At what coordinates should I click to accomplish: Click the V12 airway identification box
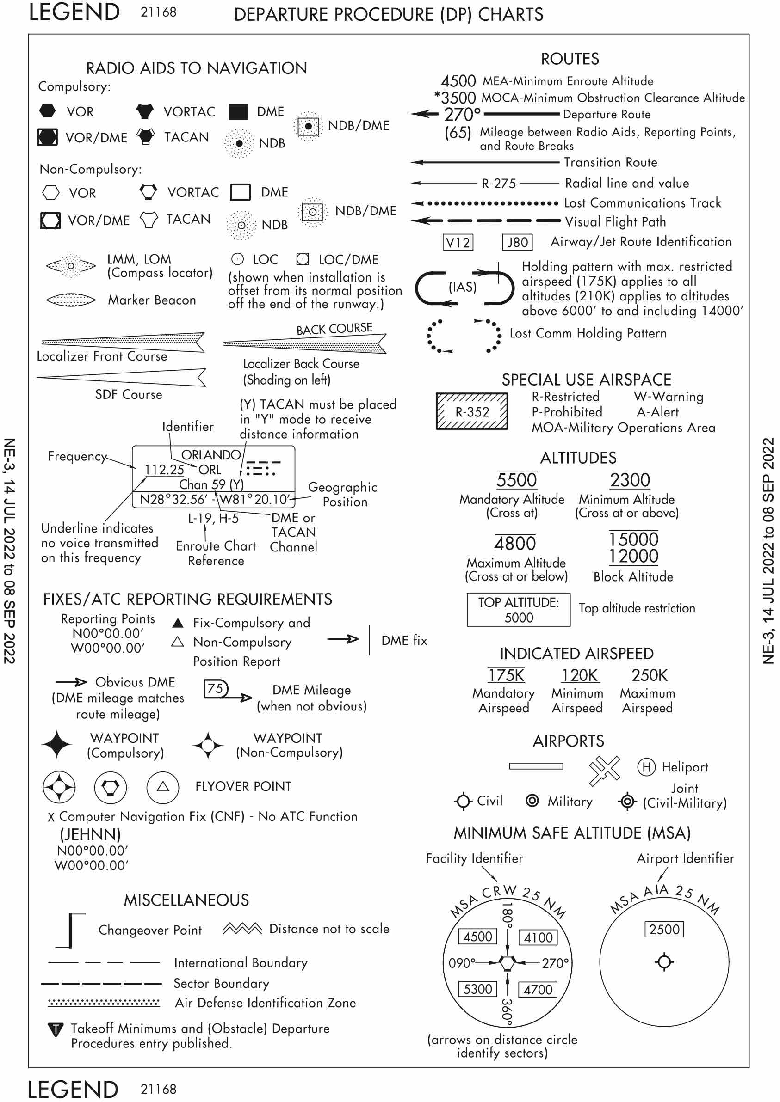click(458, 242)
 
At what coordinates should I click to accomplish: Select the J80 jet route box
click(517, 242)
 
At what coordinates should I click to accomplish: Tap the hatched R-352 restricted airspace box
click(471, 411)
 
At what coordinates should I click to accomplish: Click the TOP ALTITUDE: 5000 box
click(518, 610)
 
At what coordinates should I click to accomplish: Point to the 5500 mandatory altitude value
click(516, 480)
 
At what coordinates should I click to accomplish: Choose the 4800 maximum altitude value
click(515, 543)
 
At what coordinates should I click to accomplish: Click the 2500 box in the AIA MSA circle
click(664, 929)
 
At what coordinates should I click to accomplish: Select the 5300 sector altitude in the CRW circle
click(477, 989)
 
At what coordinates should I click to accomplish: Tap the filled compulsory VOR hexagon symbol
click(47, 111)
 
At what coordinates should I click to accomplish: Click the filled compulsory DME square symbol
click(238, 111)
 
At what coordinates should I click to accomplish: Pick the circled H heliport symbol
click(646, 767)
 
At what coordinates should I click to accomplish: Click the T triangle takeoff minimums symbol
click(56, 1029)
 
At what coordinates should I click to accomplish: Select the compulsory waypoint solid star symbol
click(57, 744)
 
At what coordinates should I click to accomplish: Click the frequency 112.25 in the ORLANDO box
click(164, 469)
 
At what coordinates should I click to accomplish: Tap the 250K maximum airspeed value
click(650, 675)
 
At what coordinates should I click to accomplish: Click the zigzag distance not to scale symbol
click(242, 929)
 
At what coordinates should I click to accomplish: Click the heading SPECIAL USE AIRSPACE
click(587, 380)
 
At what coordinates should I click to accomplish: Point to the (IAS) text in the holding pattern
click(462, 287)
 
